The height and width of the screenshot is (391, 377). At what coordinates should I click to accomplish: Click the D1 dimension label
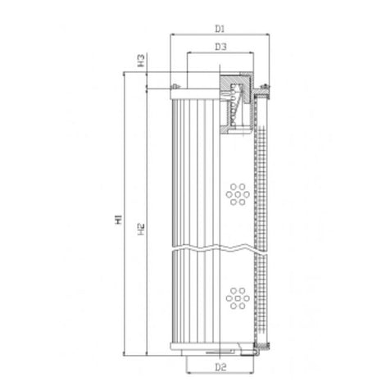point(220,28)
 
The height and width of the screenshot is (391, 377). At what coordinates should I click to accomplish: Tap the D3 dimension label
point(220,47)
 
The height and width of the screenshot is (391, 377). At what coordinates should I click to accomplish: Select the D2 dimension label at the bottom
point(220,366)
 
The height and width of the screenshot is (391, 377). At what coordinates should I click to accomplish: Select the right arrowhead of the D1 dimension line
point(267,36)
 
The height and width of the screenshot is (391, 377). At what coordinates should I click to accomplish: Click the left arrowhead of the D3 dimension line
point(189,55)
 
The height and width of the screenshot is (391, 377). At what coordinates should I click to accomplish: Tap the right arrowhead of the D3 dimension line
point(251,55)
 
